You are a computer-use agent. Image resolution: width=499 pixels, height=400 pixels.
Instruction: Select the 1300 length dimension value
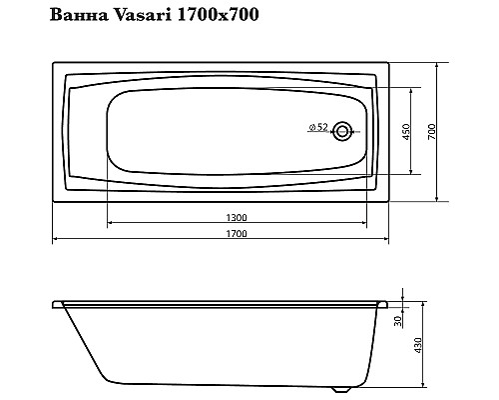click(237, 217)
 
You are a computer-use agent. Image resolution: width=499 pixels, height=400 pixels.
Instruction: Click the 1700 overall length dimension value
click(237, 234)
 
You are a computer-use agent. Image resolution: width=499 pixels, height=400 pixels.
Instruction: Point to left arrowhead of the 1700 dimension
click(55, 240)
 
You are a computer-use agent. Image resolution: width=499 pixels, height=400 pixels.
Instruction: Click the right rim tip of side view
click(386, 301)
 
